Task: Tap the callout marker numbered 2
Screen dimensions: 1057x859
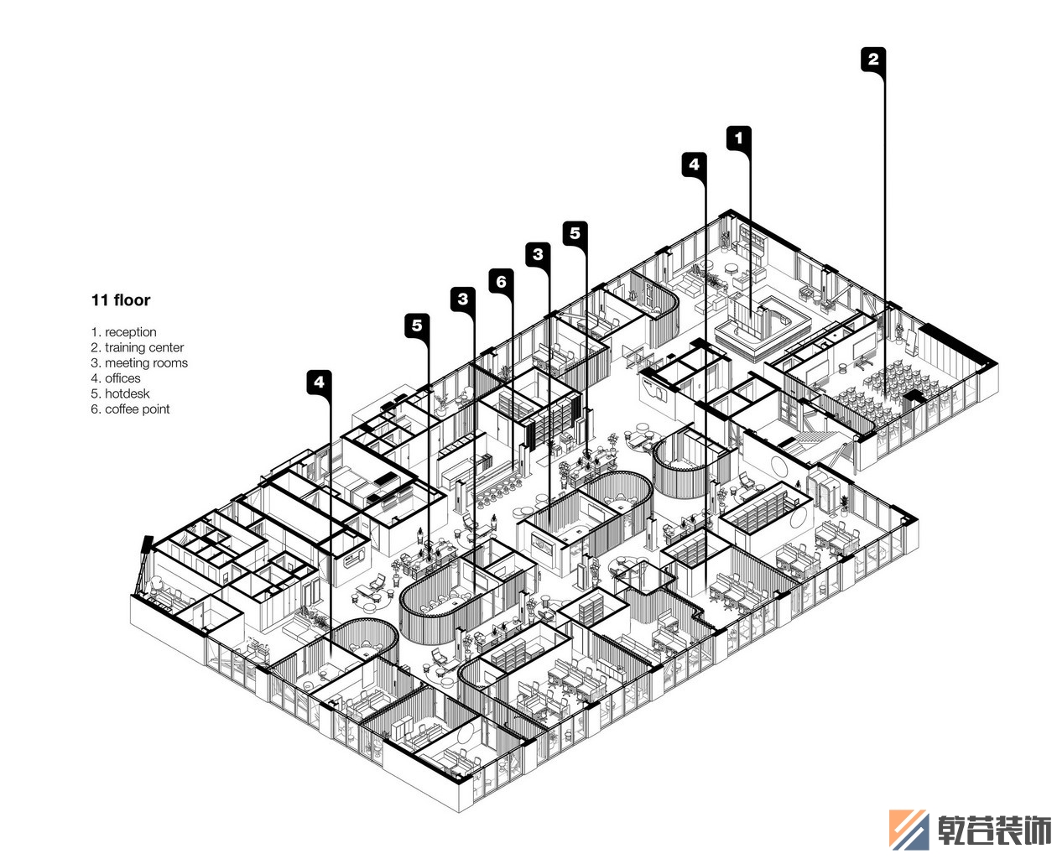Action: tap(873, 60)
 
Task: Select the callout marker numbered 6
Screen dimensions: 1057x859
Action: tap(501, 281)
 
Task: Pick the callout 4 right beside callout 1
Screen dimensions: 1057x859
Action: tap(694, 164)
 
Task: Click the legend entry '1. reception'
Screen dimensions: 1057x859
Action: tap(123, 332)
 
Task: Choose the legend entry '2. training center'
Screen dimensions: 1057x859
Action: tap(138, 347)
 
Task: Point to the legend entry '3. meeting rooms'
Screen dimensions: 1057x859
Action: tap(139, 362)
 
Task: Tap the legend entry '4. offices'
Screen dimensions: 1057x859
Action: tap(116, 378)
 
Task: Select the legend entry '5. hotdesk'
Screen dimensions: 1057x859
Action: tap(120, 393)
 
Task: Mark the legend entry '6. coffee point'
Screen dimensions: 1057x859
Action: tap(131, 409)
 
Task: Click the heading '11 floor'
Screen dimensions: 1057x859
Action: tap(121, 299)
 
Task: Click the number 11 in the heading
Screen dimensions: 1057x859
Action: tap(100, 299)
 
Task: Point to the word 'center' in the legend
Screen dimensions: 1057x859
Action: tap(166, 347)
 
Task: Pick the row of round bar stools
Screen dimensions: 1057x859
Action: tap(497, 492)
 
